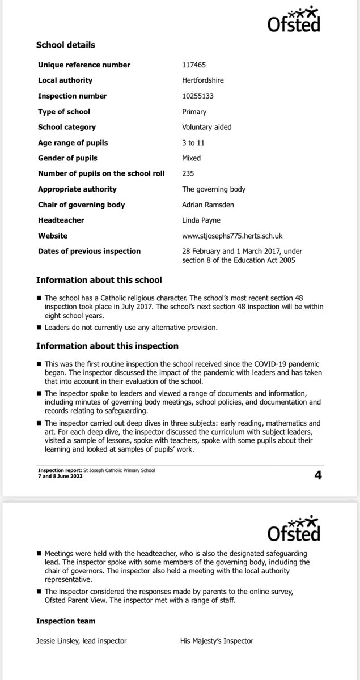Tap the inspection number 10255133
[x=193, y=96]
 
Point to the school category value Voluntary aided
[x=203, y=127]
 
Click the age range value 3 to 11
[x=188, y=143]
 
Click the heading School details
[x=65, y=45]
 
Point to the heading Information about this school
[x=99, y=280]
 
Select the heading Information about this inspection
[x=107, y=346]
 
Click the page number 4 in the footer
[x=317, y=475]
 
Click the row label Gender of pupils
[x=67, y=158]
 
